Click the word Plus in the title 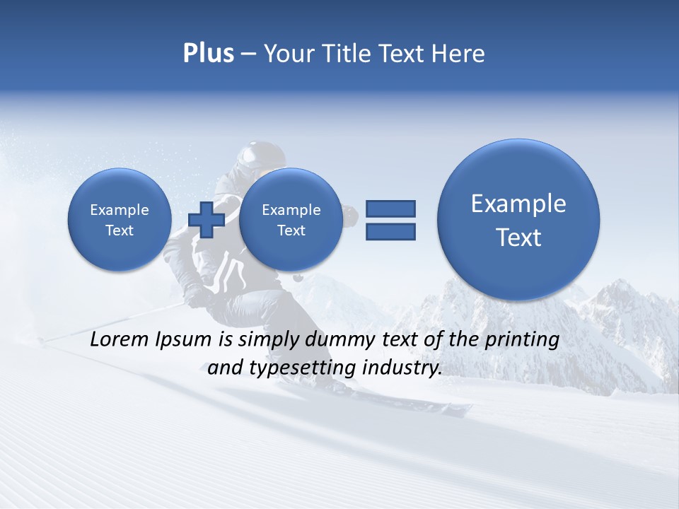coord(208,54)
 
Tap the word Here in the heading coord(458,54)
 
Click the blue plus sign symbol coord(207,219)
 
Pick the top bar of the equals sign coord(390,209)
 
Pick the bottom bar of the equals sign coord(390,231)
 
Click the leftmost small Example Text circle coord(120,220)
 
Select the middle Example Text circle coord(291,220)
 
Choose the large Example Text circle coord(518,220)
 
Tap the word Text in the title coord(402,54)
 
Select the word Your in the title coord(286,54)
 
